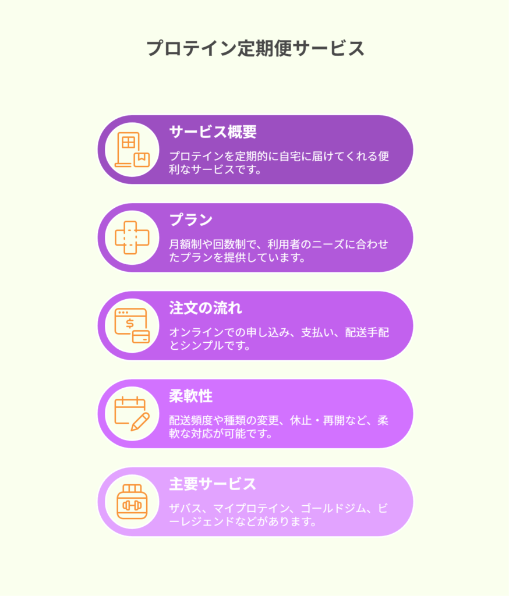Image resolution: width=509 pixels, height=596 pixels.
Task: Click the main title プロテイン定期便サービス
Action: [255, 49]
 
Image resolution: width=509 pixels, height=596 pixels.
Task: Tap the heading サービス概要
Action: [213, 132]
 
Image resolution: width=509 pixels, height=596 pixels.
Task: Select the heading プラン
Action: [190, 219]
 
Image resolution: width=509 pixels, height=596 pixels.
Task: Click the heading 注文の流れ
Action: [206, 308]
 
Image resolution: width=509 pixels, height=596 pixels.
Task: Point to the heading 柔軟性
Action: [190, 396]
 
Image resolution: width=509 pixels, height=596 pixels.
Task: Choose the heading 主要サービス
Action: [213, 484]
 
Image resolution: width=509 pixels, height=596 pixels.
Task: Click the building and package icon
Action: [132, 150]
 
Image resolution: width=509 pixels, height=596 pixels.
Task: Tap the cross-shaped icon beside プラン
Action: [132, 237]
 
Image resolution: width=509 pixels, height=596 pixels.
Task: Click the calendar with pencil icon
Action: [132, 414]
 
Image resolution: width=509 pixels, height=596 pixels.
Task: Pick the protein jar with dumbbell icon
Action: [132, 502]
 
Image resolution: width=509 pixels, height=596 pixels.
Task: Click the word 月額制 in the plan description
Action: [185, 244]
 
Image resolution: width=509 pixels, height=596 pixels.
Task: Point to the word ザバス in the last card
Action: [185, 508]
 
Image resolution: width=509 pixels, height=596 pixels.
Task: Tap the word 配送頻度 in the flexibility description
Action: [191, 420]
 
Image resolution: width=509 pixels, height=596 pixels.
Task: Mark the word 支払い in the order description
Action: [317, 332]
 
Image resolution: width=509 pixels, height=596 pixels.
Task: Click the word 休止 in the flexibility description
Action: [301, 420]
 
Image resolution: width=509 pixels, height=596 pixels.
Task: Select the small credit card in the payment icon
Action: [141, 337]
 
